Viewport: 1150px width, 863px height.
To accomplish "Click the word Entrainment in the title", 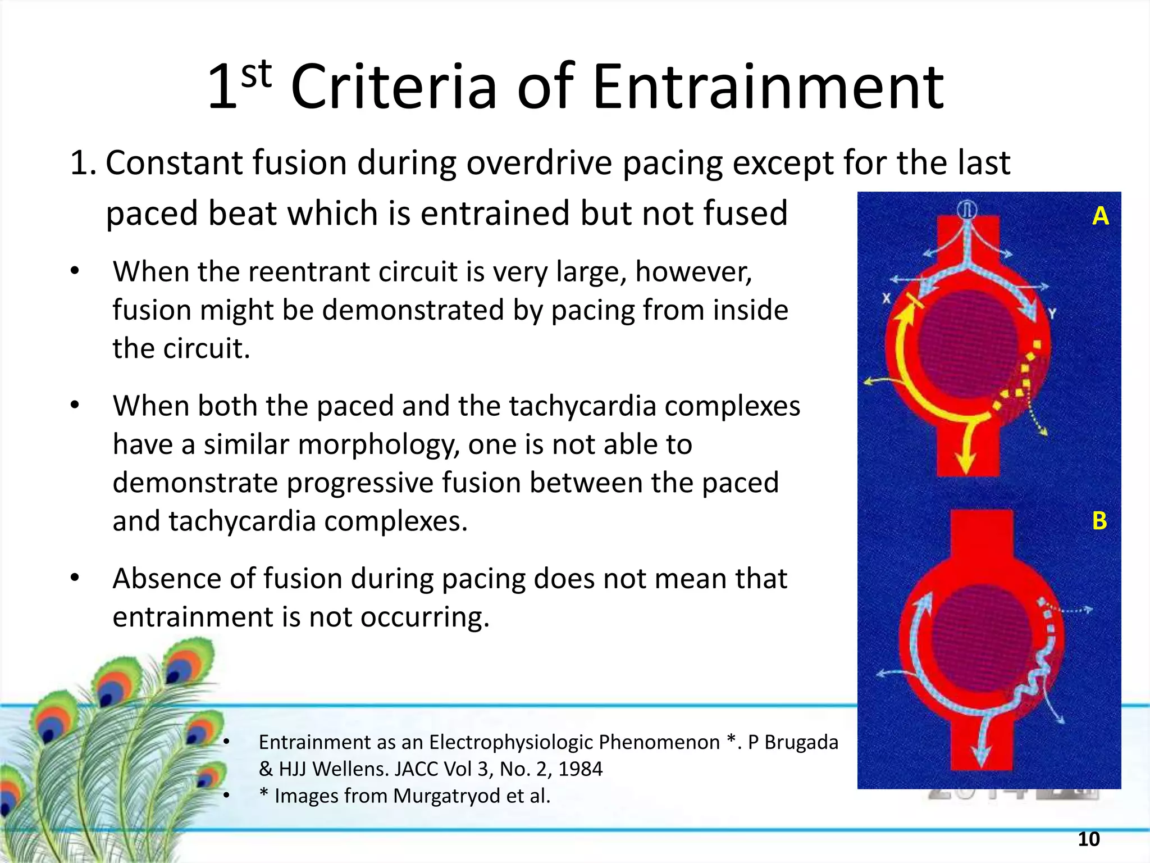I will (768, 87).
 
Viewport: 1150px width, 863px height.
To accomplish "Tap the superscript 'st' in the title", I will (257, 74).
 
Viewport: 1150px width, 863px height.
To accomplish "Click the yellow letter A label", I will (1100, 216).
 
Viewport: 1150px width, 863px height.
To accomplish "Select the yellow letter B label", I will (1099, 521).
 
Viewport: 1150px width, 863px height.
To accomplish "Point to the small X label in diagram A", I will (886, 298).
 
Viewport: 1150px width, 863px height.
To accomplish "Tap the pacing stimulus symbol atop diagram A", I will (967, 210).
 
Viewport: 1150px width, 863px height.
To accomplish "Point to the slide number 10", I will (1088, 839).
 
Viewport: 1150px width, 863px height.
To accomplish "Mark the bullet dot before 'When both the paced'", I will (75, 405).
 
